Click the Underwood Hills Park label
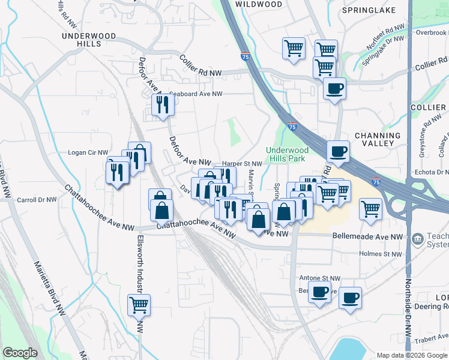[287, 154]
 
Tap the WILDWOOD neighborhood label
[258, 4]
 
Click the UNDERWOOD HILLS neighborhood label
[88, 40]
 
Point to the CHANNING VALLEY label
[382, 139]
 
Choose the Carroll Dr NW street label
[37, 200]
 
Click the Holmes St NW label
[381, 254]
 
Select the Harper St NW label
[242, 163]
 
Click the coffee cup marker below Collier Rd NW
[334, 89]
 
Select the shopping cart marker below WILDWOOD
[294, 48]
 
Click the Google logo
[20, 353]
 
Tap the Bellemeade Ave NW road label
[368, 237]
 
